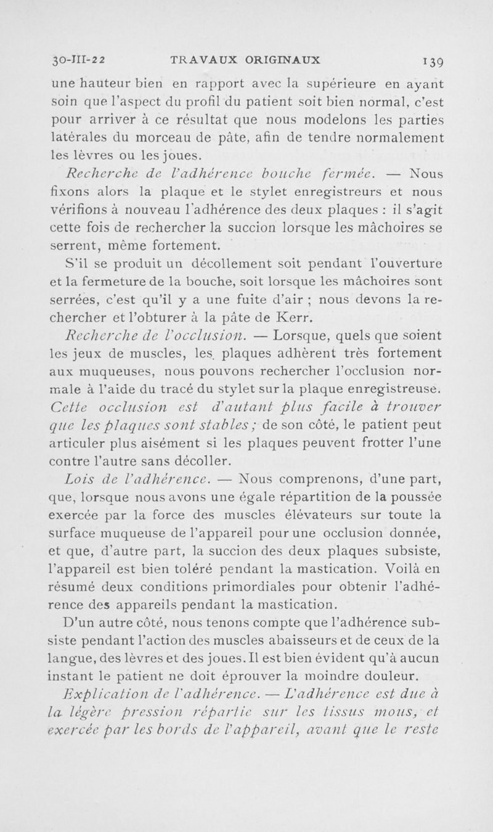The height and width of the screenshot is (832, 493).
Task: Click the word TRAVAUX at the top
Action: point(196,60)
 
